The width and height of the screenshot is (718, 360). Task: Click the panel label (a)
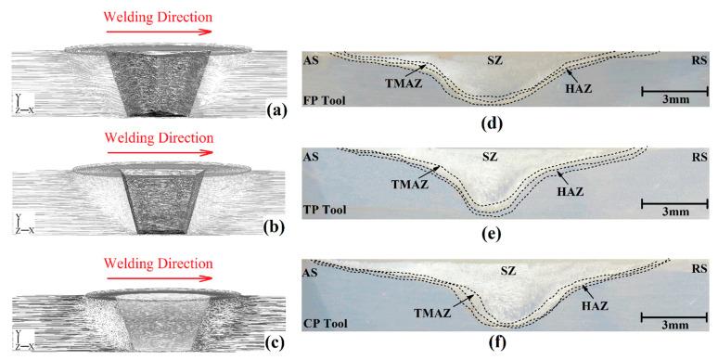(x=275, y=109)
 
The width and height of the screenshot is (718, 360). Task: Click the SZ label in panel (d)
(x=495, y=60)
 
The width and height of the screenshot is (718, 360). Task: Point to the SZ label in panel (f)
(x=507, y=271)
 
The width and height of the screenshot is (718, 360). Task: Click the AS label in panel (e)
(x=313, y=156)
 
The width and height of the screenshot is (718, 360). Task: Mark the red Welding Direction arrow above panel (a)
(x=159, y=31)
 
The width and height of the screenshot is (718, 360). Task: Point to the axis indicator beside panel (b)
(x=22, y=222)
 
